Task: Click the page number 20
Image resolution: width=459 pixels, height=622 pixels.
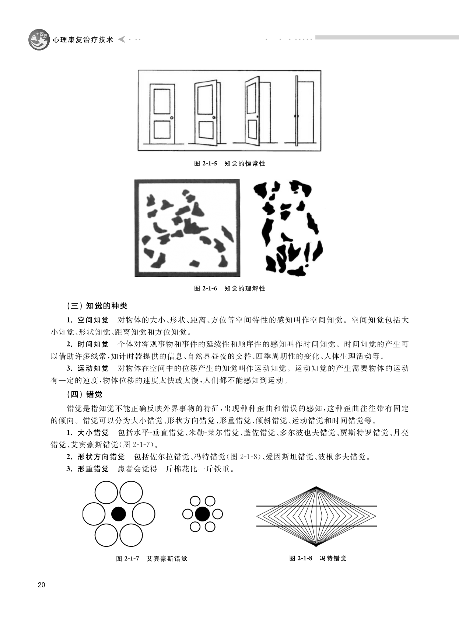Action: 41,584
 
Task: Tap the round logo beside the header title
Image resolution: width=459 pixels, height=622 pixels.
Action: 39,39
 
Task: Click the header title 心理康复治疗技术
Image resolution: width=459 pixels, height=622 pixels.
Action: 83,40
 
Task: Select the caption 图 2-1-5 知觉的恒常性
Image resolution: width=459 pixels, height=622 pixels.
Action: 229,164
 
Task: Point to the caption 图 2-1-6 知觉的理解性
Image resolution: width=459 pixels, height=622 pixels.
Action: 229,289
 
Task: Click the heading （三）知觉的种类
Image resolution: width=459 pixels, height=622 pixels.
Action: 97,306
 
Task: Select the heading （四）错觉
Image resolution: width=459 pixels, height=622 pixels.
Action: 84,395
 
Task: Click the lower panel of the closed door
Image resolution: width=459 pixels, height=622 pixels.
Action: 162,130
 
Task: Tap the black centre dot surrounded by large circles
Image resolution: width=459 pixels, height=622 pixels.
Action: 119,514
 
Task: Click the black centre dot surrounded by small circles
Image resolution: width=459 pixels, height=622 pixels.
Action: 203,514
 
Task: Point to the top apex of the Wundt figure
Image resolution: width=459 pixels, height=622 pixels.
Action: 316,486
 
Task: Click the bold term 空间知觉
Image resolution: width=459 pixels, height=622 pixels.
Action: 93,320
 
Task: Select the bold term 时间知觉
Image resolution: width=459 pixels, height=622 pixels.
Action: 93,345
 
